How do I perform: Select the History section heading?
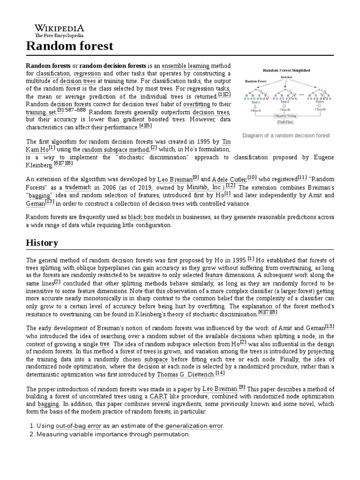click(42, 243)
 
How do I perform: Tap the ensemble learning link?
click(186, 65)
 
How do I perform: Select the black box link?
click(142, 217)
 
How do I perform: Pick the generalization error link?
click(196, 426)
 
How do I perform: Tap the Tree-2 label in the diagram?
click(286, 101)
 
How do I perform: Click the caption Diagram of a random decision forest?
click(286, 135)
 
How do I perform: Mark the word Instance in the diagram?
click(286, 76)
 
